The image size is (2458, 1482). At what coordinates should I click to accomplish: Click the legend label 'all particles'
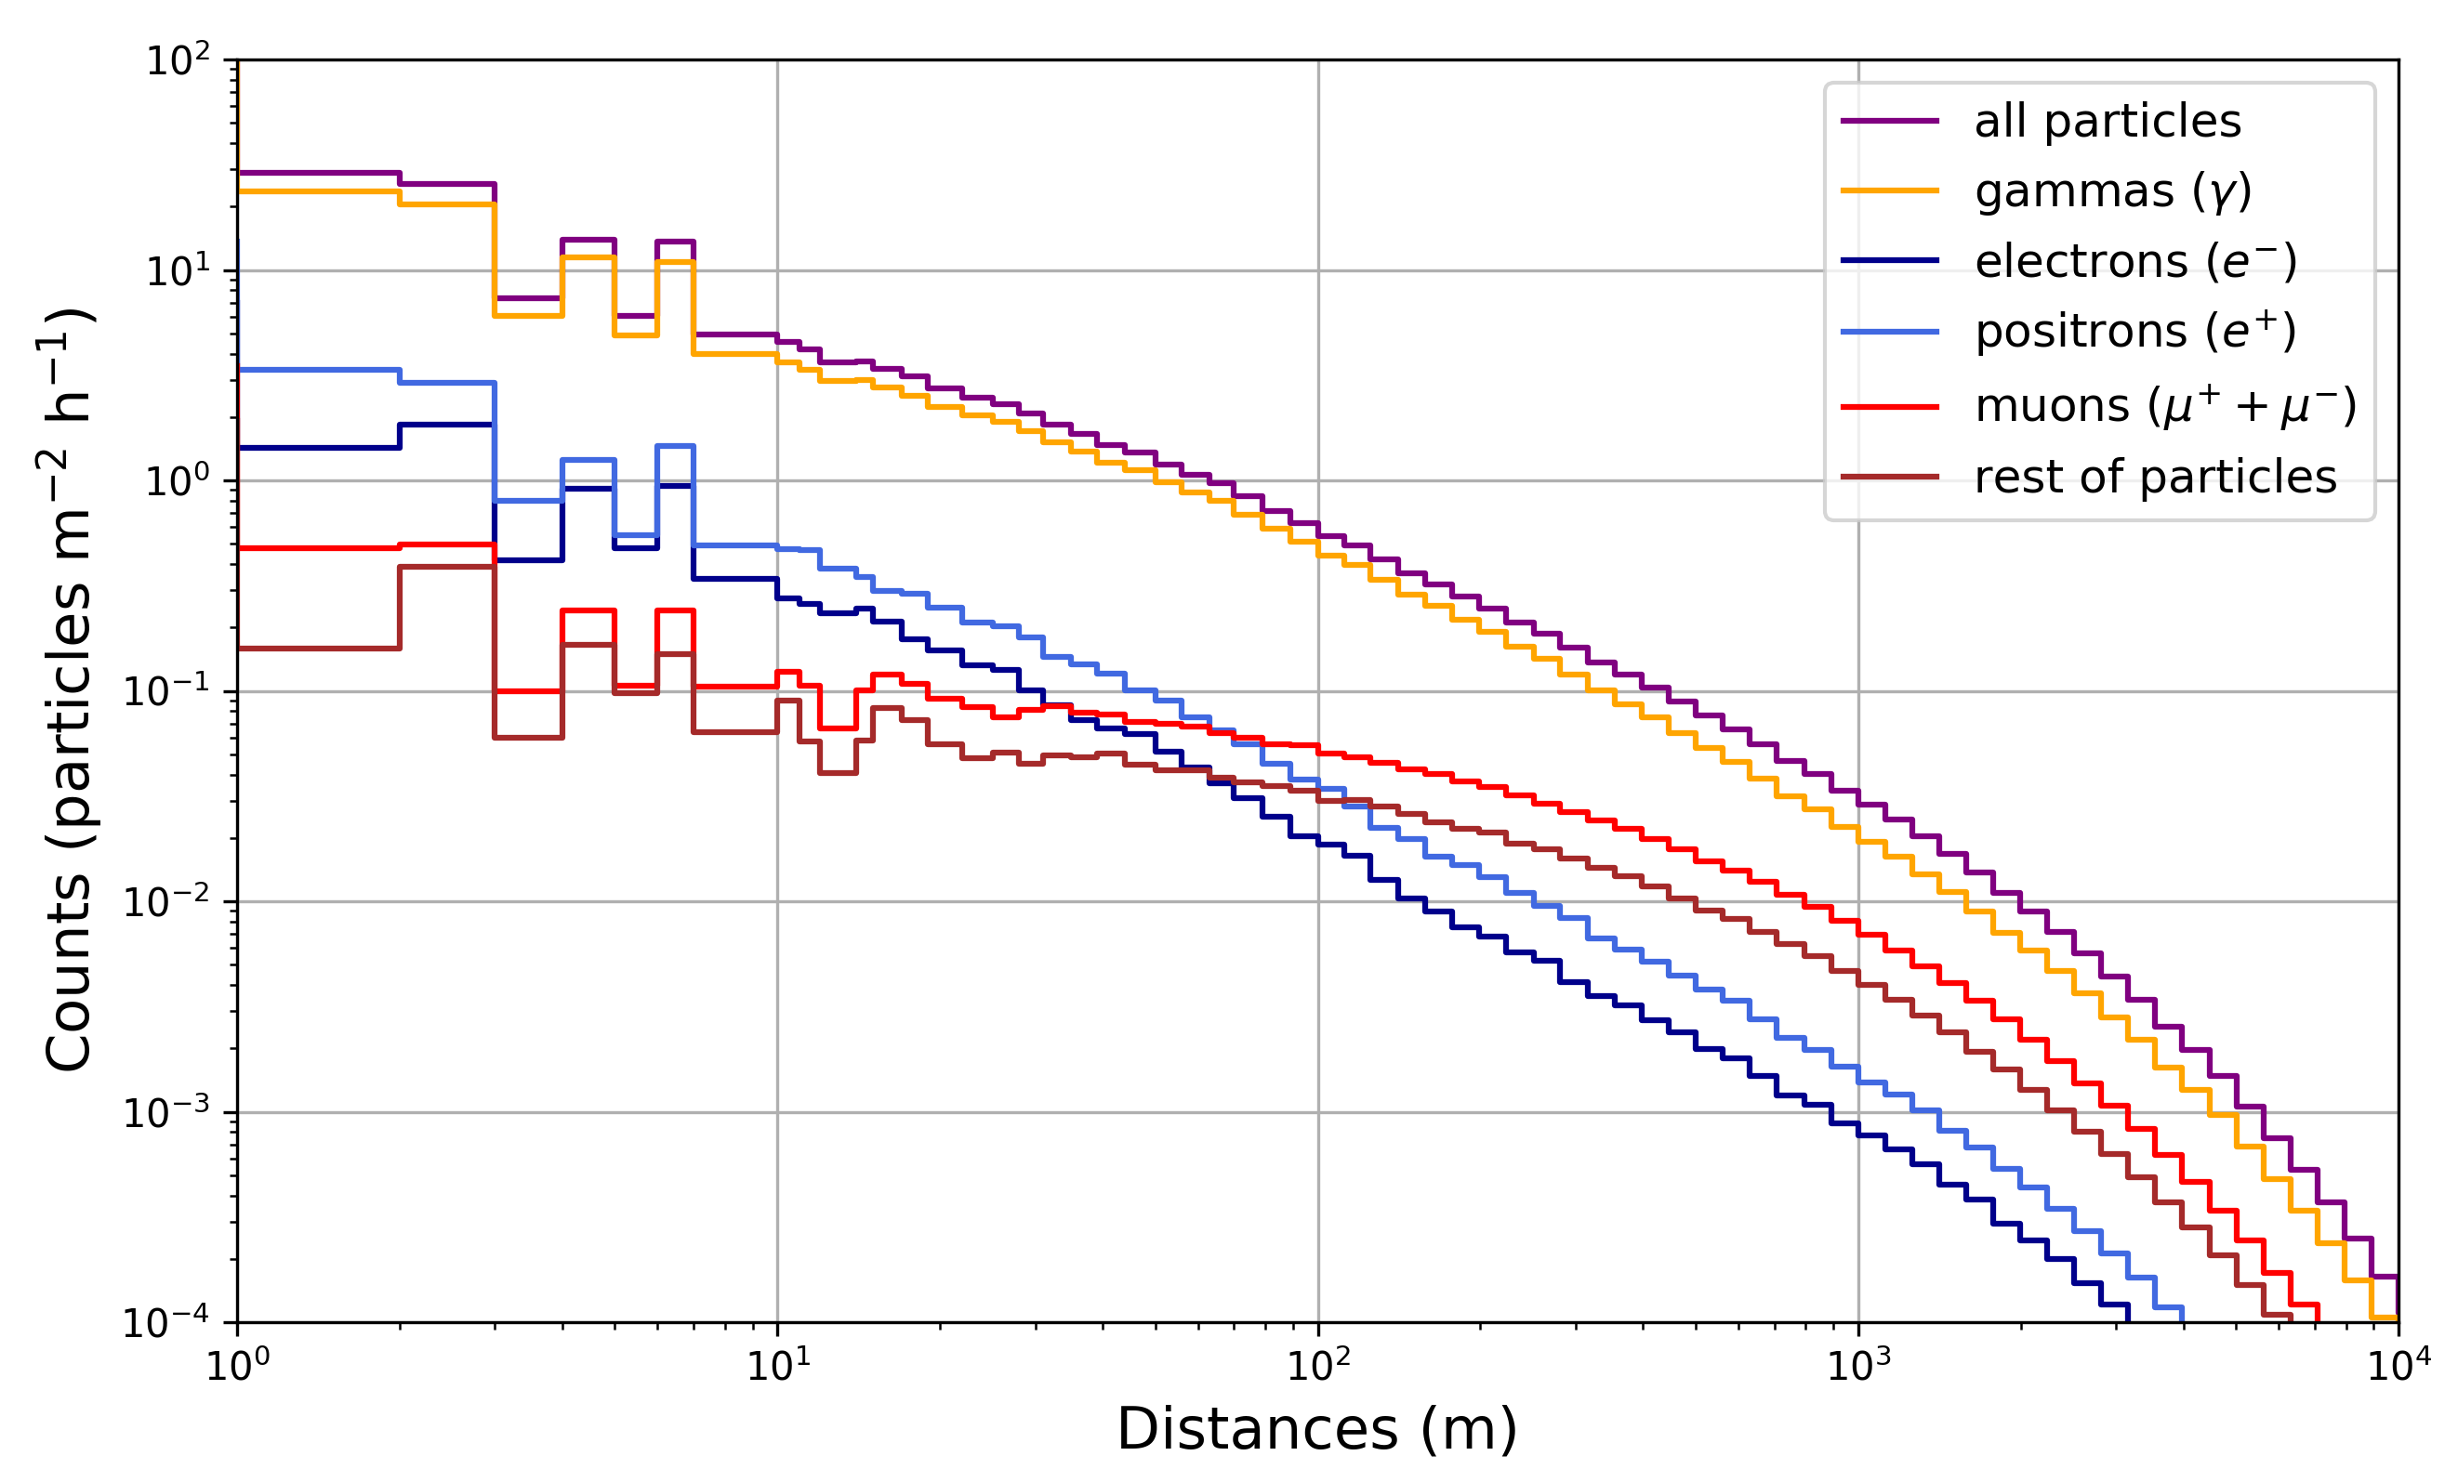(2107, 122)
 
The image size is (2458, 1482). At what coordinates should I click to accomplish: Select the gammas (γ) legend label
(2113, 191)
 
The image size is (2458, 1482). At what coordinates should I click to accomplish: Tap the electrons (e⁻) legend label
(2135, 261)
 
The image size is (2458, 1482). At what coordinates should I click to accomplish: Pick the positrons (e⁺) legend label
(2135, 331)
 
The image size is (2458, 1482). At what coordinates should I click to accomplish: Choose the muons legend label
(2165, 406)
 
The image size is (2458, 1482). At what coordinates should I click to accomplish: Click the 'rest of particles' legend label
(2155, 477)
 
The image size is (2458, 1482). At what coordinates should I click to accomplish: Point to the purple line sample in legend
(1889, 122)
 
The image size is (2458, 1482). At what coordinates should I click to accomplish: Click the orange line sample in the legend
(1889, 190)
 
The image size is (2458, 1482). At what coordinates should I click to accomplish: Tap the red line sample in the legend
(1889, 407)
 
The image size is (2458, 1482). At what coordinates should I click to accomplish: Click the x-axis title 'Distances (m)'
(1316, 1429)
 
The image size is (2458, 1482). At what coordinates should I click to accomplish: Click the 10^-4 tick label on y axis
(166, 1322)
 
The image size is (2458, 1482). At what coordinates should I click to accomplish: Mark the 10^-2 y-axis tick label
(166, 902)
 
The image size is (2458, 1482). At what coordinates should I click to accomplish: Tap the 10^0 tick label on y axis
(178, 481)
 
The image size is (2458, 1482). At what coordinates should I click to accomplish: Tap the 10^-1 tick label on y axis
(166, 692)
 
